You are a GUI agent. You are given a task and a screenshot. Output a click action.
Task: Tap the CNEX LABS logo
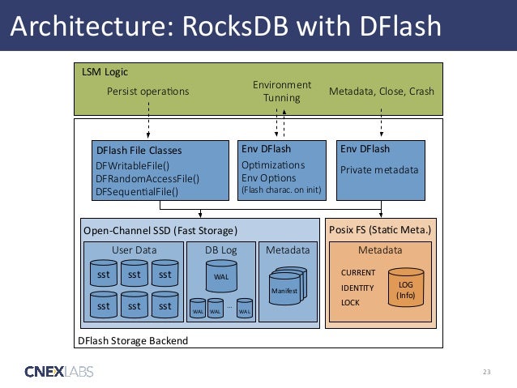point(58,372)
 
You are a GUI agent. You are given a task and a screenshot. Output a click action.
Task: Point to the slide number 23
point(486,372)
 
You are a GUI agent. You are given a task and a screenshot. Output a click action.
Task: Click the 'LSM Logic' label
point(105,72)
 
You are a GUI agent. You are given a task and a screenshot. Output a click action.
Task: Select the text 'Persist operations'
point(147,91)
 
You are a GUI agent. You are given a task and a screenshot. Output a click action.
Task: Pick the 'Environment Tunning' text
point(281,91)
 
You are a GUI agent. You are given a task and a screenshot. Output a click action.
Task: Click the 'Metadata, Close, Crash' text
point(381,91)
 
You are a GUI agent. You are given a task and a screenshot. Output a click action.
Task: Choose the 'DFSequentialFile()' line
point(136,192)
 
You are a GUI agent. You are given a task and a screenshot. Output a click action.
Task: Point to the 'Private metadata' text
point(379,170)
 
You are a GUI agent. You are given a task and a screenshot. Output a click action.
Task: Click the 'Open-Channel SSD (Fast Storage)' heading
point(161,230)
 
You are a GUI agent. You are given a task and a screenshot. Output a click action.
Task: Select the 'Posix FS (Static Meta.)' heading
point(380,230)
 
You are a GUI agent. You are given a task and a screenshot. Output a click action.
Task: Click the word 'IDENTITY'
point(357,288)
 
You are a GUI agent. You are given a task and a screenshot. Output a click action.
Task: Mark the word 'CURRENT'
point(357,273)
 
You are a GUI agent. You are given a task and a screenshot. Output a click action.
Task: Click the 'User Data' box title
point(134,250)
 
